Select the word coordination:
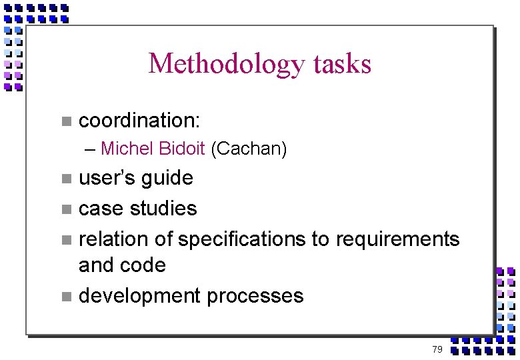tap(139, 121)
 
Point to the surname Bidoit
tap(183, 149)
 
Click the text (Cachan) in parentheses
tap(249, 149)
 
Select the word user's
tap(103, 179)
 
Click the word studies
tap(166, 209)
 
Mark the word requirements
tap(398, 239)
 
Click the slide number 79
tap(437, 349)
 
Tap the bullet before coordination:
tap(65, 121)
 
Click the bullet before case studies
tap(65, 209)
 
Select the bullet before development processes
tap(65, 296)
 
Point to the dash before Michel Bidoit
tap(90, 149)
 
